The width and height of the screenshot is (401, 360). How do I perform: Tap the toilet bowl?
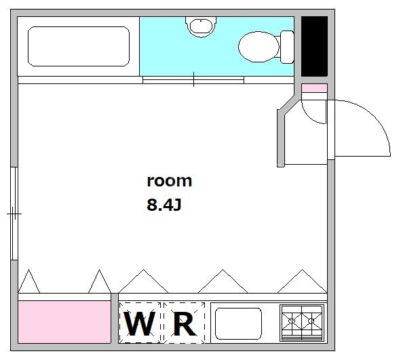point(259,46)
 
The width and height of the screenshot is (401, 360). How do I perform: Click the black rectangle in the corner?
point(314,46)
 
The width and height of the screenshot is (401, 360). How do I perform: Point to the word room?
point(170,181)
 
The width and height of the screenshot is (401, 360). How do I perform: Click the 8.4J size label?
point(164,204)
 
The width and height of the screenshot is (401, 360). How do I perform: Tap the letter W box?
point(140,324)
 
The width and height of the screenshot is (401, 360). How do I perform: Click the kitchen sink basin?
point(237,323)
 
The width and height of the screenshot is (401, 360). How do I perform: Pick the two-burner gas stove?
point(302,323)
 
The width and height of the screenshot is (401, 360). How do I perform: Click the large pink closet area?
point(64,322)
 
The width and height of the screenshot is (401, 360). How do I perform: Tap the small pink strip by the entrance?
point(314,88)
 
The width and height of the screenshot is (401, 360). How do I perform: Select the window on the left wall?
point(14,213)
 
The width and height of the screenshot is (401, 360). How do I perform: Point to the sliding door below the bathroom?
point(193,80)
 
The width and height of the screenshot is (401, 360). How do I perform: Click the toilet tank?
point(288,46)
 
